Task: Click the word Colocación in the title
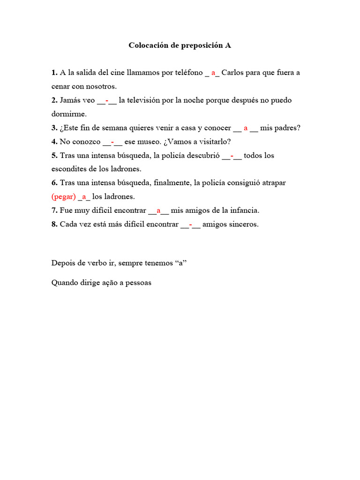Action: coord(148,45)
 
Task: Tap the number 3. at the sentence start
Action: coord(54,127)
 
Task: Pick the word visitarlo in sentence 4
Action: coord(213,142)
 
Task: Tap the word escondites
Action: coord(68,169)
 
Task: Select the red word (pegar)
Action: coord(64,196)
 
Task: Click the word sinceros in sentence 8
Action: coord(243,224)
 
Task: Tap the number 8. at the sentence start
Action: coord(54,224)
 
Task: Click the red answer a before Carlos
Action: coord(213,73)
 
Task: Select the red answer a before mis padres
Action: coord(246,128)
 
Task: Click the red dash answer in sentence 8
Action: coord(190,224)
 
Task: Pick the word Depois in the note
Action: coord(62,262)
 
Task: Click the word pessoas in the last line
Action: coord(138,283)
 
